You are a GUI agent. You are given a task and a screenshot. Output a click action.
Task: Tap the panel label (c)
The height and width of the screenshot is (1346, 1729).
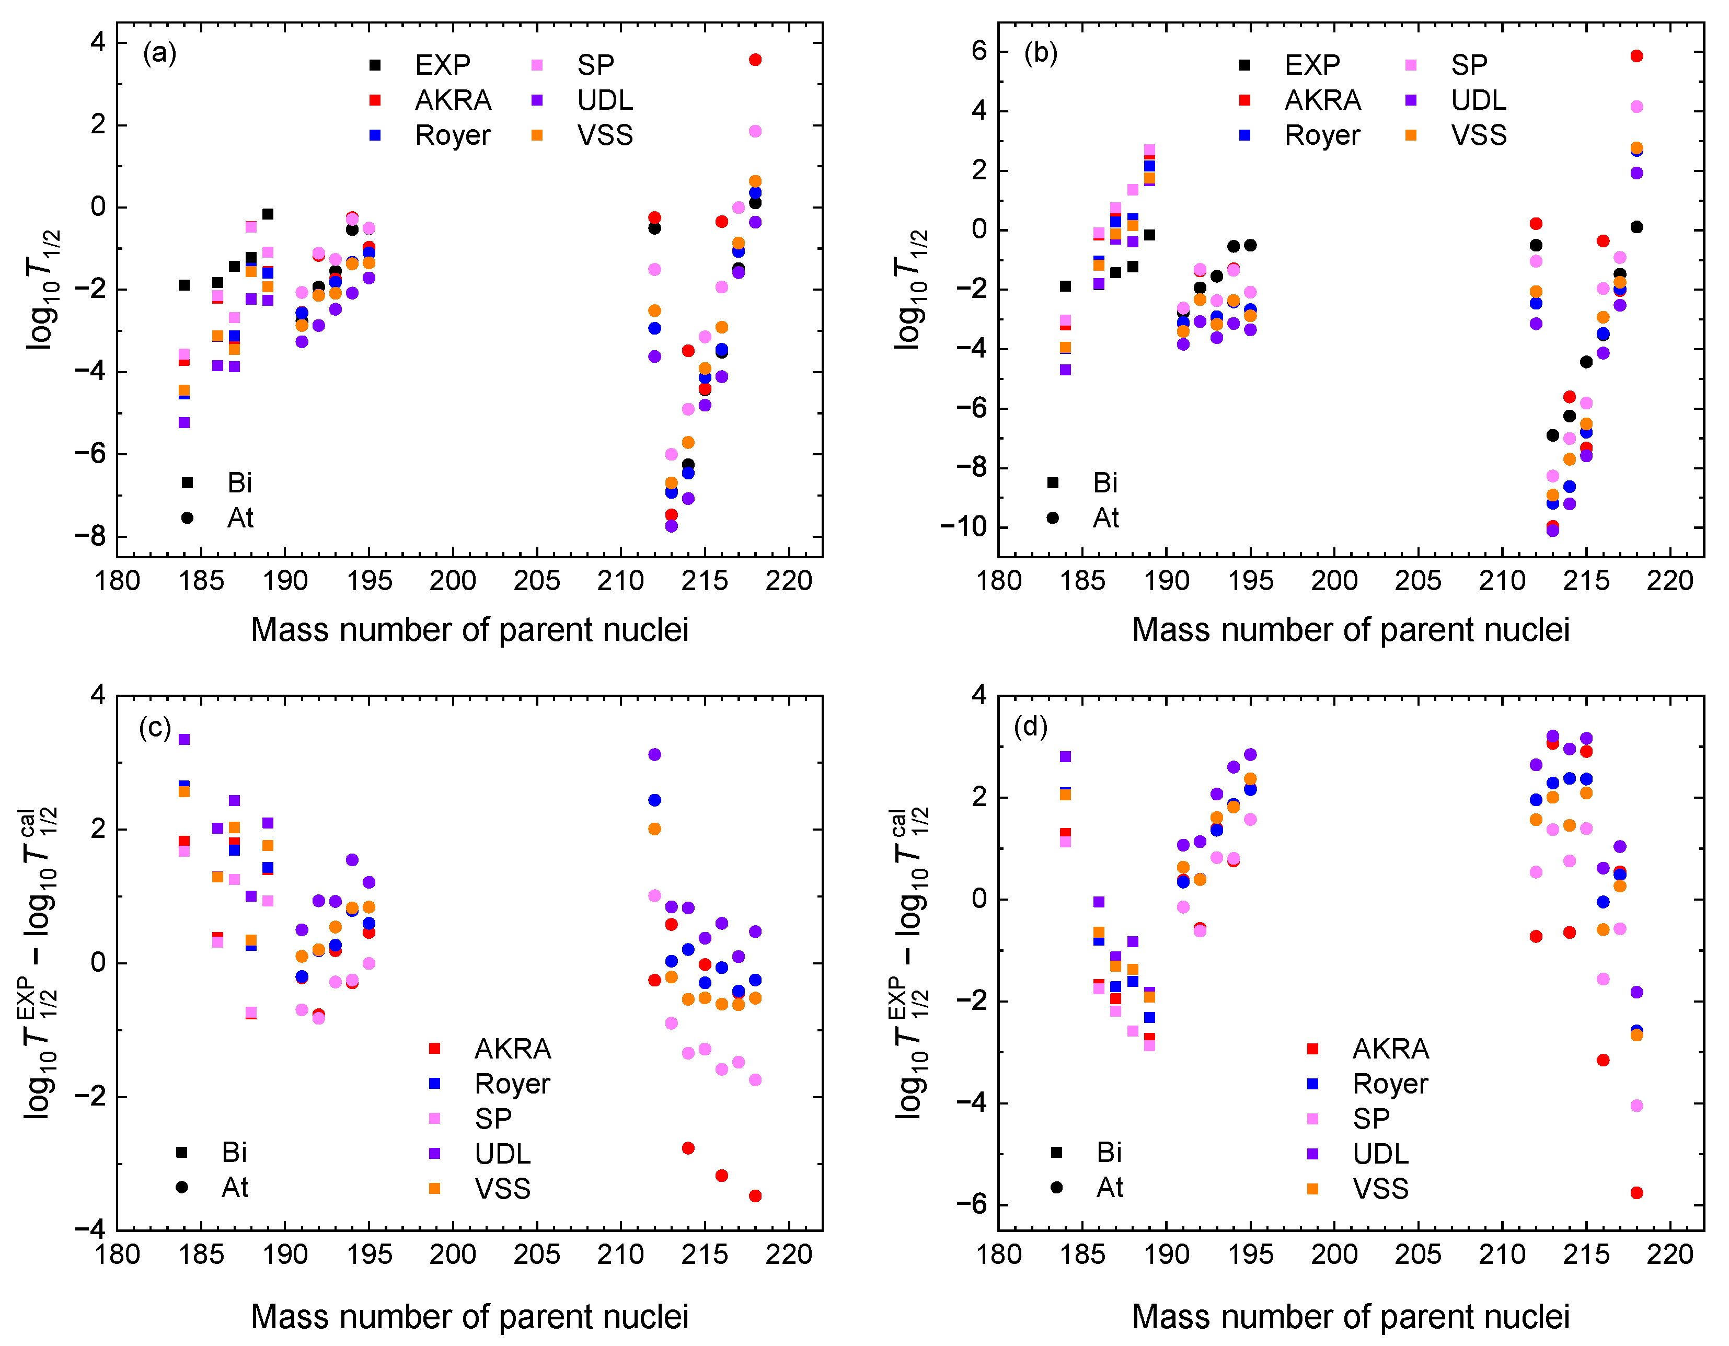155,727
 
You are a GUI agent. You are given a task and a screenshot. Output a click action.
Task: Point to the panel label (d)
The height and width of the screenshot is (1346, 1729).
1031,727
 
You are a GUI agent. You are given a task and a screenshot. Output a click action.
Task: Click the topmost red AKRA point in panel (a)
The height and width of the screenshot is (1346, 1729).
755,60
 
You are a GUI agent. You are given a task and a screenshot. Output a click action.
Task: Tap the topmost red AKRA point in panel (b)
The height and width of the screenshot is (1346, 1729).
1636,56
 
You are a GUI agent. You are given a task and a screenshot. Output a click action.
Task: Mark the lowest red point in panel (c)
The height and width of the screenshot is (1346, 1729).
755,1195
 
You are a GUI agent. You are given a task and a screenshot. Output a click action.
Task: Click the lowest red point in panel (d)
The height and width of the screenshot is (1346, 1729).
1636,1192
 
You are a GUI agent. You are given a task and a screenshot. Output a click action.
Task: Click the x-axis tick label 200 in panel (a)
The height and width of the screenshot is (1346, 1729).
453,581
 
